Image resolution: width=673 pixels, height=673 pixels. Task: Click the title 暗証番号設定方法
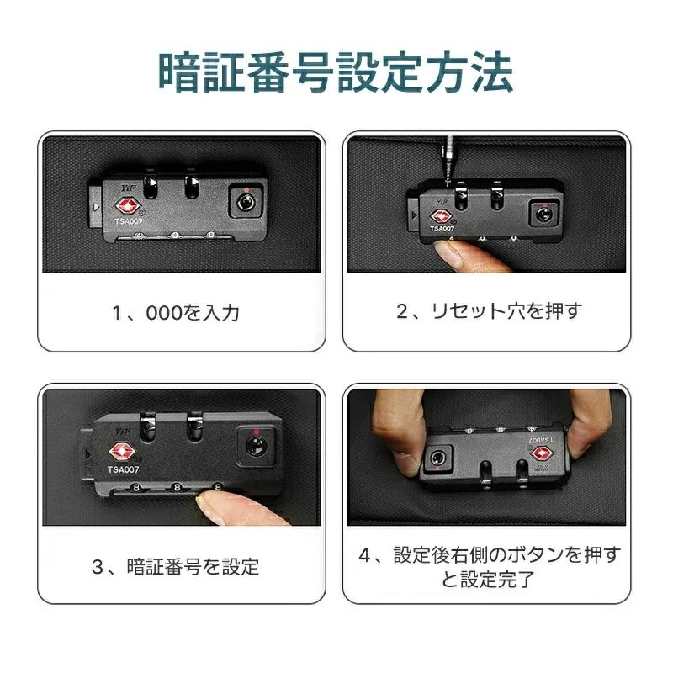336,72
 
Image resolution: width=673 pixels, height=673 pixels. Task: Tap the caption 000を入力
176,312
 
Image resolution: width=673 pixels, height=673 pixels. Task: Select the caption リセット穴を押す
490,310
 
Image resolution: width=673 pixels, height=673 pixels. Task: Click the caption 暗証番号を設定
176,566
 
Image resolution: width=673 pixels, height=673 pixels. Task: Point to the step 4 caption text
490,566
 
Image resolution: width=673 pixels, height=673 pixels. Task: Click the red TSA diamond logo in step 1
128,206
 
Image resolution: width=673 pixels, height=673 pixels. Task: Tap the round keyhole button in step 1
246,202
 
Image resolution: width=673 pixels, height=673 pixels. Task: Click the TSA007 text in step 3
123,469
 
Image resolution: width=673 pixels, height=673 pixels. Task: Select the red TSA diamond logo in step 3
122,452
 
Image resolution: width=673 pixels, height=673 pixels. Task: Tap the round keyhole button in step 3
256,446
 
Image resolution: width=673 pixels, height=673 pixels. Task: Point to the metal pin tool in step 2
448,161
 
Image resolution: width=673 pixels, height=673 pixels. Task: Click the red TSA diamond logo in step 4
542,453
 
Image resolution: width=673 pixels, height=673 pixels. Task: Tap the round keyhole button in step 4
437,458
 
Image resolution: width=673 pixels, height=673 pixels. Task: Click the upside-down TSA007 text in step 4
540,440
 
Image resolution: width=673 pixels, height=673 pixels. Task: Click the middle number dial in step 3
177,487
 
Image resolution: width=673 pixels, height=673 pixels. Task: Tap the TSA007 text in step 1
129,221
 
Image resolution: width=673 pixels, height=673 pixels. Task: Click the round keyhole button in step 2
543,215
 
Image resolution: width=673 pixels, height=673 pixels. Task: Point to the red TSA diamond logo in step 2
441,217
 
